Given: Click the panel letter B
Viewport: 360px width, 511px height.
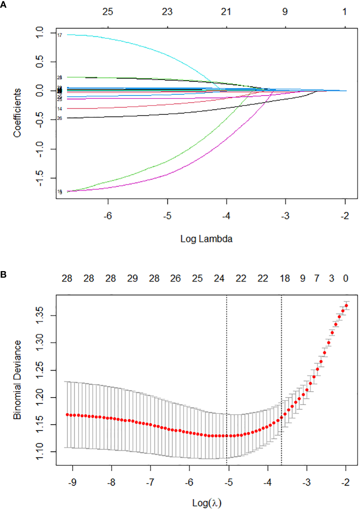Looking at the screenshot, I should [x=3, y=274].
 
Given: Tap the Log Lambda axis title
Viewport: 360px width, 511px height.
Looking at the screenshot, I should [x=206, y=239].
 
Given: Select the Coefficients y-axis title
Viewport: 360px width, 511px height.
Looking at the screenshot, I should [x=17, y=113].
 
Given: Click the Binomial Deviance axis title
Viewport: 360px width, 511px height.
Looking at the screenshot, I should [x=17, y=380].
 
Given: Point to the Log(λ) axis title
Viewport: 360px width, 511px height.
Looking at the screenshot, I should [x=207, y=503].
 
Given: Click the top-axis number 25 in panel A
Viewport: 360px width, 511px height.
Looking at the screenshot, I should [x=108, y=12].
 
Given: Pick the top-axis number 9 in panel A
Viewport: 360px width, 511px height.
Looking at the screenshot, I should [x=285, y=12].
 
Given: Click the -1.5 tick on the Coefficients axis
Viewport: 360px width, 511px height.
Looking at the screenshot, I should [x=39, y=178].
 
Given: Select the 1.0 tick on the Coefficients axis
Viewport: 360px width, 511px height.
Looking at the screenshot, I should [x=39, y=32].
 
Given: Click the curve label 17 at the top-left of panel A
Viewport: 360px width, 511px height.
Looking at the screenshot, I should [x=60, y=35].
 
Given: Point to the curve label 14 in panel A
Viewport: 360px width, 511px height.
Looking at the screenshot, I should [x=60, y=109].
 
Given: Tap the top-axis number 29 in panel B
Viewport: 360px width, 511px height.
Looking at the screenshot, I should [x=132, y=278].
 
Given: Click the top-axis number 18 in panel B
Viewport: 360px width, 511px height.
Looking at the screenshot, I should [x=285, y=278].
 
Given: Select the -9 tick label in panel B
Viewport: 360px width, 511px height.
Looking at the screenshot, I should [x=72, y=482].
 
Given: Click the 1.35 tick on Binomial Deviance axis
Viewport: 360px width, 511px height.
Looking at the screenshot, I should [x=39, y=315].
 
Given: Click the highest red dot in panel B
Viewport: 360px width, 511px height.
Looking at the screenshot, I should [x=346, y=305].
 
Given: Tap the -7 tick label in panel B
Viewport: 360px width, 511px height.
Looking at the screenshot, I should [x=150, y=482].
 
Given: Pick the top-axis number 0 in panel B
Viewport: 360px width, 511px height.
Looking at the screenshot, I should [x=346, y=278].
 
